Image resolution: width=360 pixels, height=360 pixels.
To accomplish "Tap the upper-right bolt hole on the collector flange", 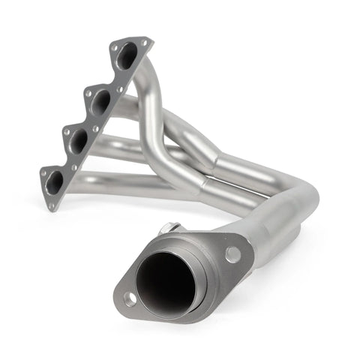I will [x=232, y=254].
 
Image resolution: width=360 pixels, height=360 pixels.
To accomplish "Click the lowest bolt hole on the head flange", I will [x=52, y=203].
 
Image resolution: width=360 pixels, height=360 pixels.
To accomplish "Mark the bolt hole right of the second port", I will [x=120, y=89].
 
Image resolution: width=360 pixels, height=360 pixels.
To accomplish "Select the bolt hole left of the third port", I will [x=64, y=133].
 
